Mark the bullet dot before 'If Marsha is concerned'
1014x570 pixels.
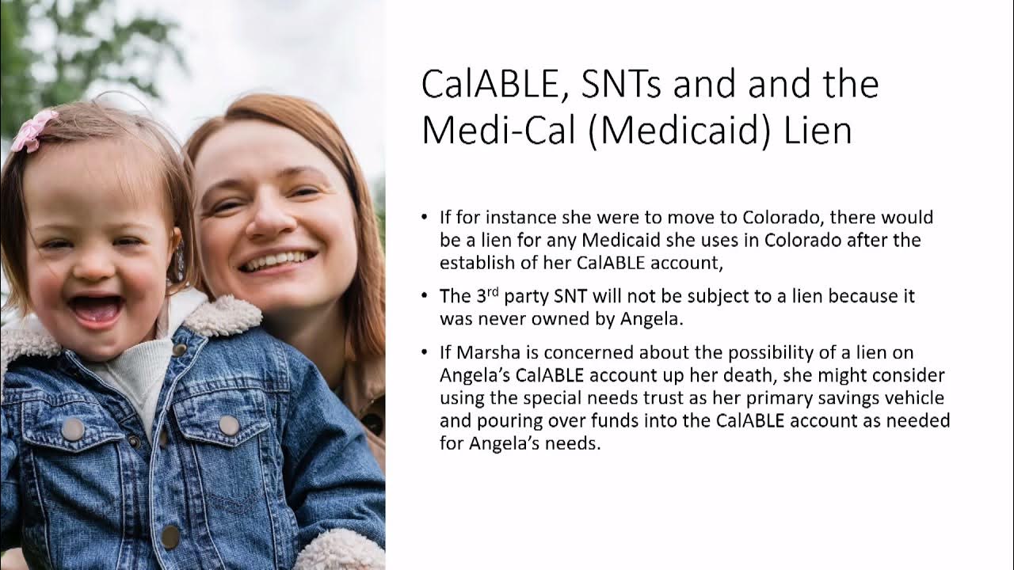pyautogui.click(x=425, y=352)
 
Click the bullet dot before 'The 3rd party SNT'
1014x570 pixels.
pyautogui.click(x=425, y=296)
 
